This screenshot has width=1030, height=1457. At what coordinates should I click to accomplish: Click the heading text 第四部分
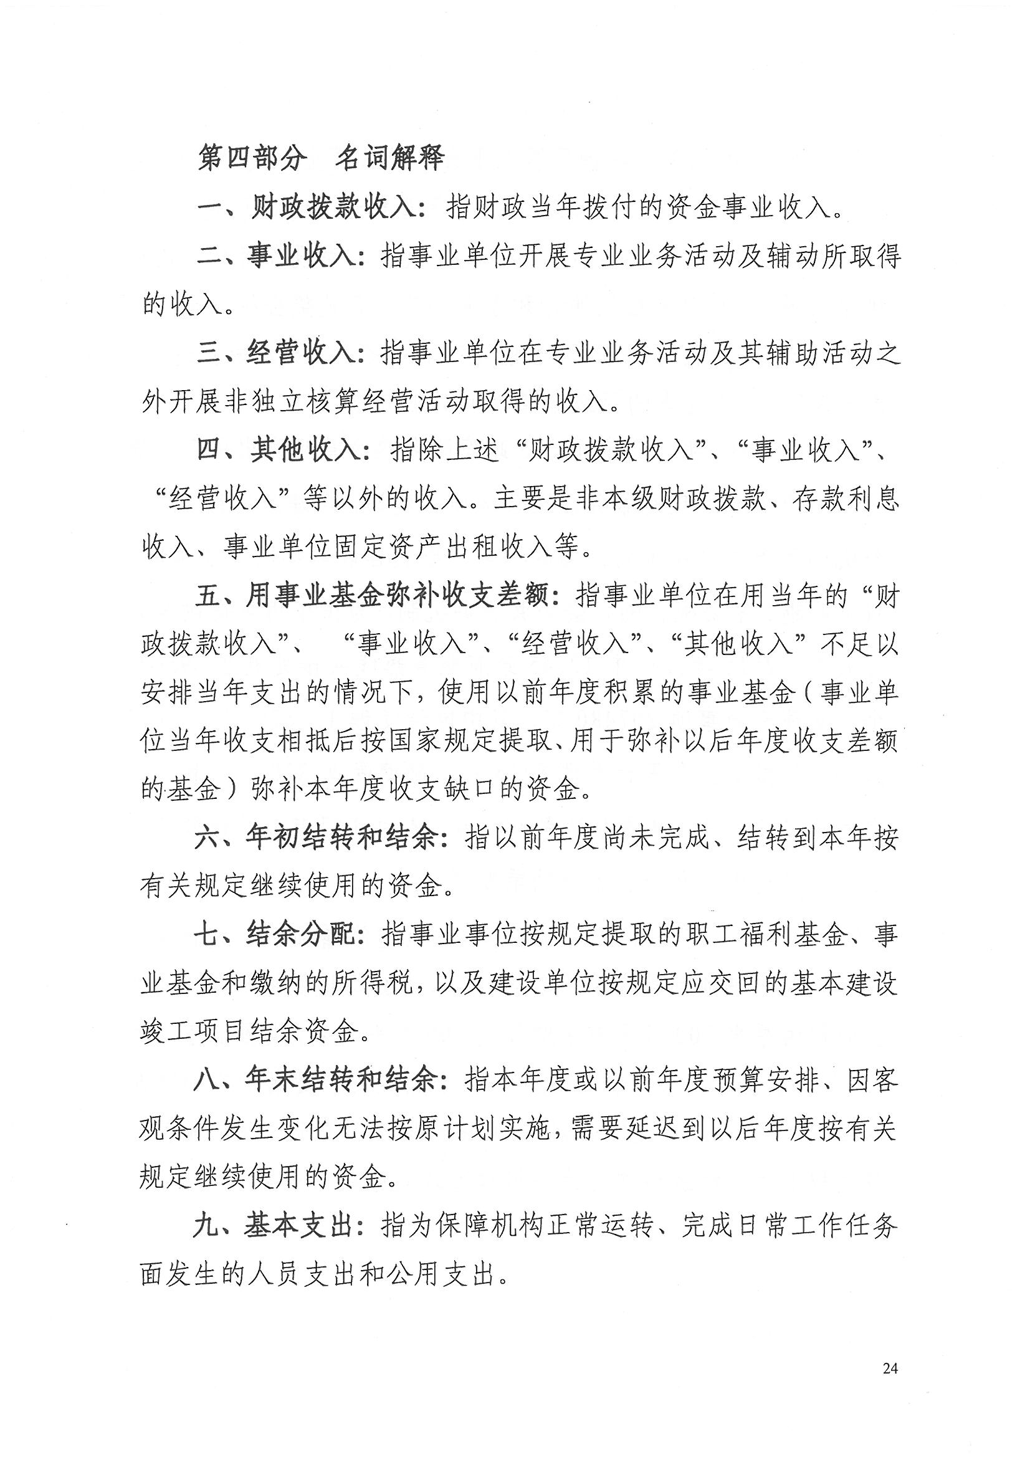tap(252, 158)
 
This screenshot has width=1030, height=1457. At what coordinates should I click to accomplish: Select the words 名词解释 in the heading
tap(389, 158)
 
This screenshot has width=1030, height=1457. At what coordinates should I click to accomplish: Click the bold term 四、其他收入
tap(279, 450)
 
